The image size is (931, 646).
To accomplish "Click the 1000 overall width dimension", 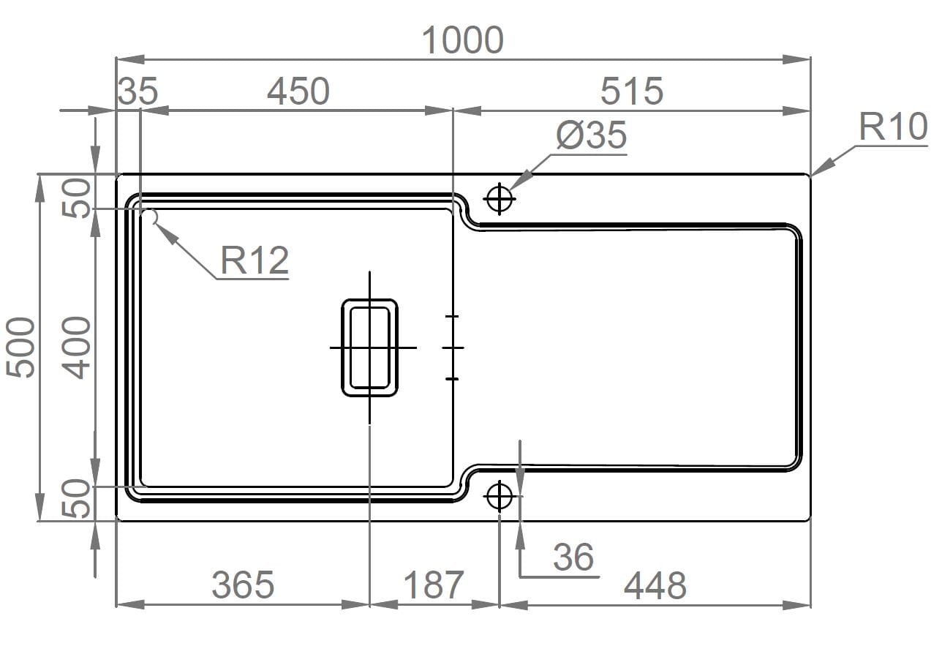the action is coord(462,40).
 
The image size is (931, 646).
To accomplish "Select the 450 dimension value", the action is coord(298,91).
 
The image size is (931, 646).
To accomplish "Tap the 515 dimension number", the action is coord(632,91).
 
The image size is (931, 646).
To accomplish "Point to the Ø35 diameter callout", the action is coord(592,135).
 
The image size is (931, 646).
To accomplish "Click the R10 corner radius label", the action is coord(893,127).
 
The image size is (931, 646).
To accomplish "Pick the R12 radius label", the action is coord(255,260).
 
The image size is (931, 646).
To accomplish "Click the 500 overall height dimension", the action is coord(20,348).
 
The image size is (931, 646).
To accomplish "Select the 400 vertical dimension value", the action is coord(76,348).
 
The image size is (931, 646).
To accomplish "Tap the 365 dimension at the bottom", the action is coord(243,585).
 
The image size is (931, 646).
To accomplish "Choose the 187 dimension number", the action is coord(434,585).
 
